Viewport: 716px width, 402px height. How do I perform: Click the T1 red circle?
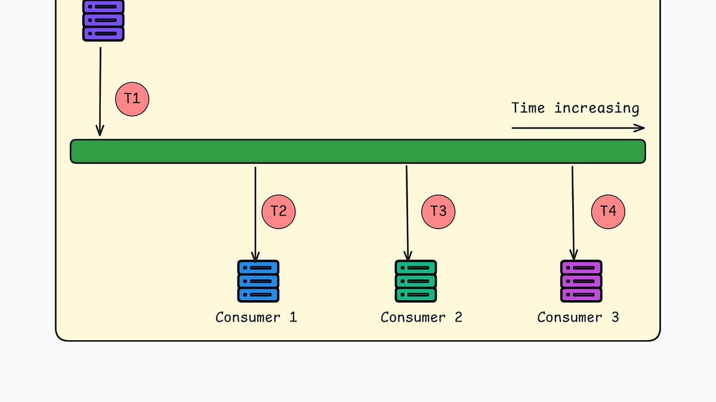(x=132, y=99)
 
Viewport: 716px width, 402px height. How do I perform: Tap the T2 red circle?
(x=279, y=211)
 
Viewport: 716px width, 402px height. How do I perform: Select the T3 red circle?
(x=438, y=211)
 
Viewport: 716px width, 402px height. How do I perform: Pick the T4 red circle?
(x=607, y=211)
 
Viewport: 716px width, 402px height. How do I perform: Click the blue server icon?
(x=258, y=281)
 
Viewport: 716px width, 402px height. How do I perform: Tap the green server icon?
(x=415, y=281)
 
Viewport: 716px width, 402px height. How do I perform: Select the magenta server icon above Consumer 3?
(x=581, y=281)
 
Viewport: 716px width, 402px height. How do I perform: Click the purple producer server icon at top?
(x=103, y=21)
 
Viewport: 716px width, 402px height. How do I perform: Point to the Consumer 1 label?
(x=256, y=317)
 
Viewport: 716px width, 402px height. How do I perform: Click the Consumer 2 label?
(x=421, y=317)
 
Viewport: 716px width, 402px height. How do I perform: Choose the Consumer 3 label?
(x=578, y=317)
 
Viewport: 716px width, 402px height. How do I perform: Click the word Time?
(x=528, y=108)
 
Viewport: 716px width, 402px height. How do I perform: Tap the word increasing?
(x=597, y=108)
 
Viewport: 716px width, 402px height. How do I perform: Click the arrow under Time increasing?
(x=578, y=127)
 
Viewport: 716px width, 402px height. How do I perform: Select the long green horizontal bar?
(x=358, y=151)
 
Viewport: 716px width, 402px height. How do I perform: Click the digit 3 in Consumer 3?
(x=615, y=317)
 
